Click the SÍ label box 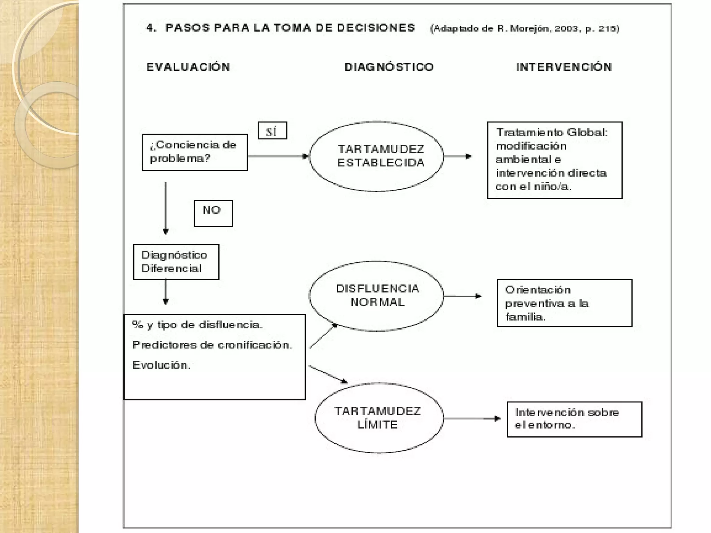click(272, 130)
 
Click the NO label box click(213, 213)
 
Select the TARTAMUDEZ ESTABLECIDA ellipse click(376, 156)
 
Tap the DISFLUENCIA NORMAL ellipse click(376, 296)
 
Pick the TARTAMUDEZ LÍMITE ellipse click(379, 418)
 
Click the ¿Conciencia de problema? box click(194, 152)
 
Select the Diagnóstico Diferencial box click(176, 262)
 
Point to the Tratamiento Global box click(554, 160)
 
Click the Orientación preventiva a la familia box click(564, 303)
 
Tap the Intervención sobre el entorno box click(574, 419)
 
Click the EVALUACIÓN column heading click(188, 67)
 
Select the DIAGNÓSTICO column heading click(389, 67)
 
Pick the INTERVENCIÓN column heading click(564, 67)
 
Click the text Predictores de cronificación click(212, 345)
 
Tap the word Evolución click(161, 365)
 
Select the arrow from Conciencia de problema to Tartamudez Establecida click(278, 156)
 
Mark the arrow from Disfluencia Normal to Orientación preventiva click(462, 296)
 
